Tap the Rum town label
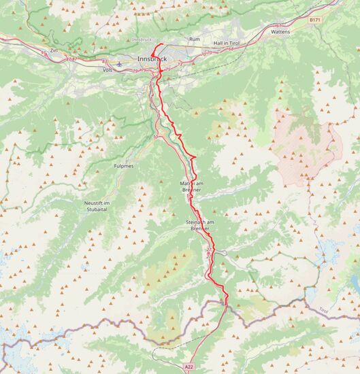tap(195, 39)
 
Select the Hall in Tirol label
tap(228, 43)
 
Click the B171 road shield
tap(314, 20)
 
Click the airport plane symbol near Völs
tap(120, 65)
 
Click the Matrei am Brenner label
tap(191, 186)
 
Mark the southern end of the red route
tap(226, 302)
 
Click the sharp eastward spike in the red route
tap(196, 158)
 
